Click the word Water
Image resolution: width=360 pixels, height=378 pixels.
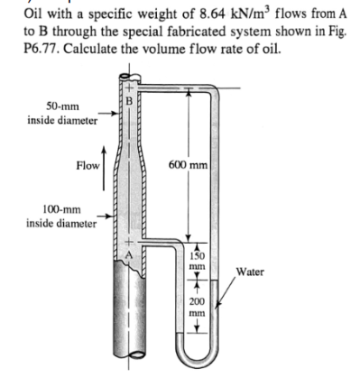(x=246, y=269)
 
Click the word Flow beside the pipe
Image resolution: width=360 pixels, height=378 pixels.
(x=88, y=166)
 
